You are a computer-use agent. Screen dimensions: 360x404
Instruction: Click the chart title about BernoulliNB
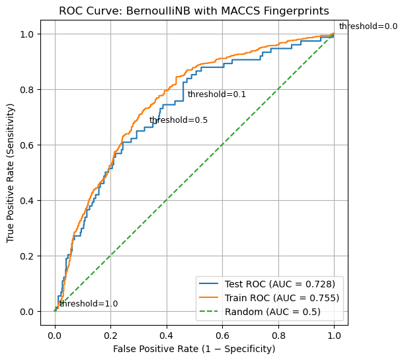pos(194,11)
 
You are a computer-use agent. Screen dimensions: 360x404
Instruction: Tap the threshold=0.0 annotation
pos(368,26)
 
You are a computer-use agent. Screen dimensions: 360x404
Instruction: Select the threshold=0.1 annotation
pos(217,94)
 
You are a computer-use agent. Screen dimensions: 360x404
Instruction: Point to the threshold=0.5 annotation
pos(179,120)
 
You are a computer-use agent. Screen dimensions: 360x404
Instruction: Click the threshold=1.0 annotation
pos(89,304)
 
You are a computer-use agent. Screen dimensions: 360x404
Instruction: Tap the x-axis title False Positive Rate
pos(194,348)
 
